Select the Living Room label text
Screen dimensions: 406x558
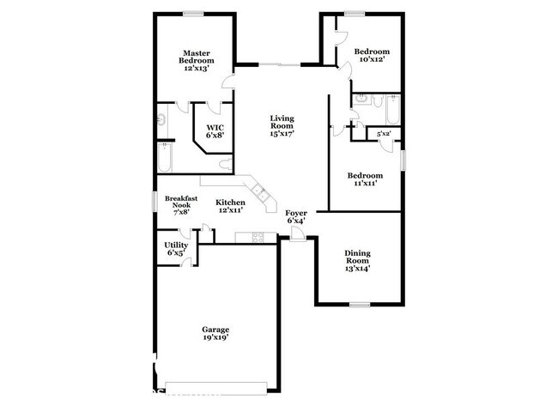(282, 125)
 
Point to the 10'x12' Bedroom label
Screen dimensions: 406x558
(370, 55)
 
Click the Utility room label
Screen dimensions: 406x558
(176, 249)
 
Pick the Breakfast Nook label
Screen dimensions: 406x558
(181, 207)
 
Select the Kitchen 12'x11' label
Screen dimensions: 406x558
(229, 206)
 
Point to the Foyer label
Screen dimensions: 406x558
(296, 217)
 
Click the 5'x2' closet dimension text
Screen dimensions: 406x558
(383, 134)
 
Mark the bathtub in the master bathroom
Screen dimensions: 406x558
(165, 159)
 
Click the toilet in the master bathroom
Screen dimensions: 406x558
(224, 164)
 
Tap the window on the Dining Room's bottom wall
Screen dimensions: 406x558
(360, 304)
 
